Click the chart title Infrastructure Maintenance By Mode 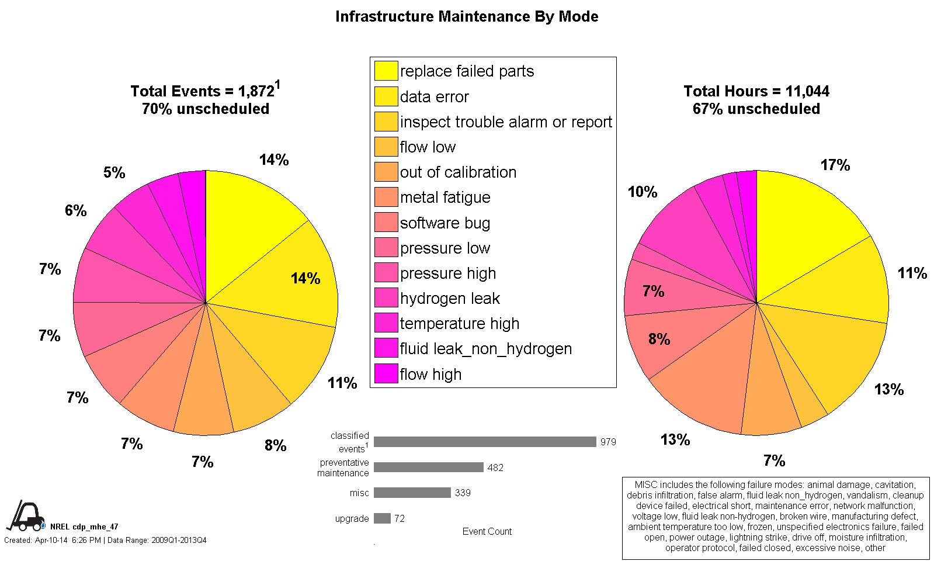pyautogui.click(x=467, y=16)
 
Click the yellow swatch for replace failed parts pyautogui.click(x=386, y=71)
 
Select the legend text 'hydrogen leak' pyautogui.click(x=450, y=299)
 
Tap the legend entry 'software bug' pyautogui.click(x=445, y=223)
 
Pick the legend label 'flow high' pyautogui.click(x=430, y=375)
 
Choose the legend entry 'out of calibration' pyautogui.click(x=458, y=172)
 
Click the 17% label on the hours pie pyautogui.click(x=835, y=165)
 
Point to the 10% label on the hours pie pyautogui.click(x=643, y=192)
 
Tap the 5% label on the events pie pyautogui.click(x=114, y=173)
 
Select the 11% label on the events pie pyautogui.click(x=342, y=383)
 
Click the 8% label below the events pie pyautogui.click(x=275, y=446)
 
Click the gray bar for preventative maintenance pyautogui.click(x=428, y=467)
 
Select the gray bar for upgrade pyautogui.click(x=382, y=518)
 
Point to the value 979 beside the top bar pyautogui.click(x=608, y=442)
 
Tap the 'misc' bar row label pyautogui.click(x=359, y=493)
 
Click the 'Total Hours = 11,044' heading pyautogui.click(x=756, y=91)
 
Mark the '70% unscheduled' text pyautogui.click(x=206, y=109)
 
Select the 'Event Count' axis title pyautogui.click(x=487, y=532)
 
